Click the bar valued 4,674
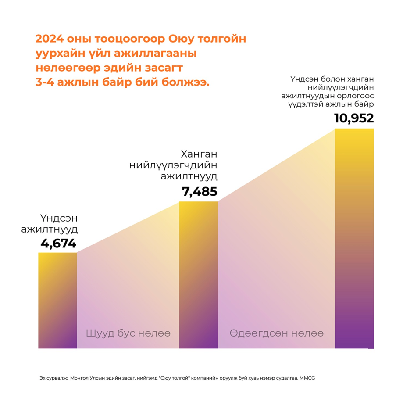point(57,301)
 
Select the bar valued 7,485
point(199,275)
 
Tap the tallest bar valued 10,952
point(354,239)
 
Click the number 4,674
point(58,244)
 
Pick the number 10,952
point(353,118)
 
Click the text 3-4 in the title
point(46,83)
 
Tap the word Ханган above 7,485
point(199,155)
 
